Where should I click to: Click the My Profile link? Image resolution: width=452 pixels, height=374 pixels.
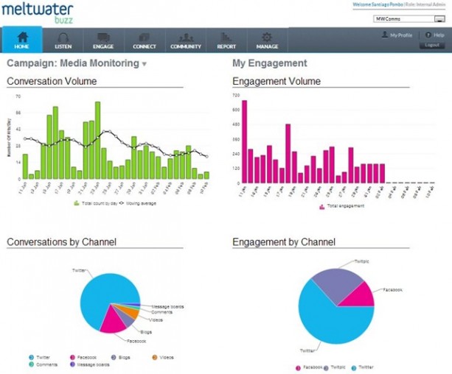(398, 35)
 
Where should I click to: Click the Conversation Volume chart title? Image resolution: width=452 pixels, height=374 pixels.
(49, 80)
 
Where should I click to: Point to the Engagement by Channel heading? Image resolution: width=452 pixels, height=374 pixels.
(284, 241)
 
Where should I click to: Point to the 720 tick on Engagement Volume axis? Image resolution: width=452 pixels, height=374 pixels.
(236, 96)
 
